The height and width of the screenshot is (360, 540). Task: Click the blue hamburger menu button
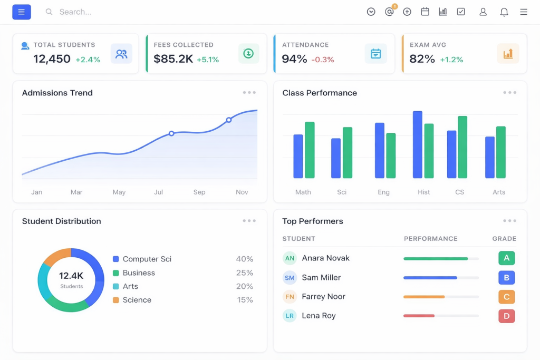21,12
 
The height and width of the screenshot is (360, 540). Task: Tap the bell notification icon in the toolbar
504,12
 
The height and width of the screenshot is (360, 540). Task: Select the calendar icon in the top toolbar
425,12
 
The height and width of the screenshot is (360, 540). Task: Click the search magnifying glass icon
49,12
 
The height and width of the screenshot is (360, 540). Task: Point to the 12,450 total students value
52,59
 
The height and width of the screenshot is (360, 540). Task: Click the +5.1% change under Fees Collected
208,60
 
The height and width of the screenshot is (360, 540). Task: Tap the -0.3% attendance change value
323,60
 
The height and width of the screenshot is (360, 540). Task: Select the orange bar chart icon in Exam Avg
508,54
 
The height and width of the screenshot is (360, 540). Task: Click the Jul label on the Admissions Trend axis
158,192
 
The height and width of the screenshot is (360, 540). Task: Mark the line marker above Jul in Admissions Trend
171,133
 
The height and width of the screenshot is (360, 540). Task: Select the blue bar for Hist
418,144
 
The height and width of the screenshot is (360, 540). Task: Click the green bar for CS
462,147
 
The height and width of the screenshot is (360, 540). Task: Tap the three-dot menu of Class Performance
510,93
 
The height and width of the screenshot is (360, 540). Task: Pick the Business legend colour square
115,273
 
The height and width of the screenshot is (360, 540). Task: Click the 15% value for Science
245,300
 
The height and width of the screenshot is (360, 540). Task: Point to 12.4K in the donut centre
71,276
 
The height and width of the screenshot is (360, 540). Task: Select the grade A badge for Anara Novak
507,258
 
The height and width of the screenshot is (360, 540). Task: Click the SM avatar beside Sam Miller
290,277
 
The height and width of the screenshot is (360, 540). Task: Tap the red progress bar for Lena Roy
419,316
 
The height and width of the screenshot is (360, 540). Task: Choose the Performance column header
430,239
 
